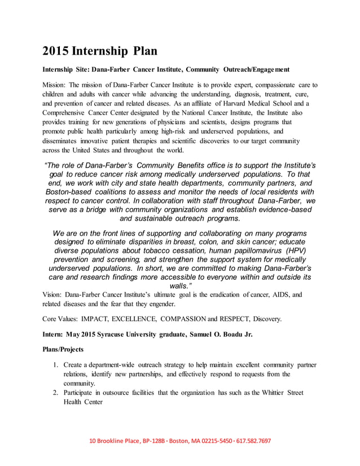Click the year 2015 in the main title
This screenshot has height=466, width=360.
tap(55, 51)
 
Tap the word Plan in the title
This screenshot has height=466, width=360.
tap(145, 51)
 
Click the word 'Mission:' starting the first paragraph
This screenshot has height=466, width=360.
tap(54, 85)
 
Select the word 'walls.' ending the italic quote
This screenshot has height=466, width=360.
tap(180, 286)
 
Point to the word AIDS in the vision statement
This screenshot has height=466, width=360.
tap(280, 294)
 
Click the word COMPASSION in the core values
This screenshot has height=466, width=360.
tap(210, 319)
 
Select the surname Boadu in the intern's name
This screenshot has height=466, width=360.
tap(227, 334)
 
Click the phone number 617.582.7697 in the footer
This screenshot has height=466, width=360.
tap(253, 441)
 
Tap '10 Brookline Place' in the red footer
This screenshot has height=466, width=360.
tap(116, 441)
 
